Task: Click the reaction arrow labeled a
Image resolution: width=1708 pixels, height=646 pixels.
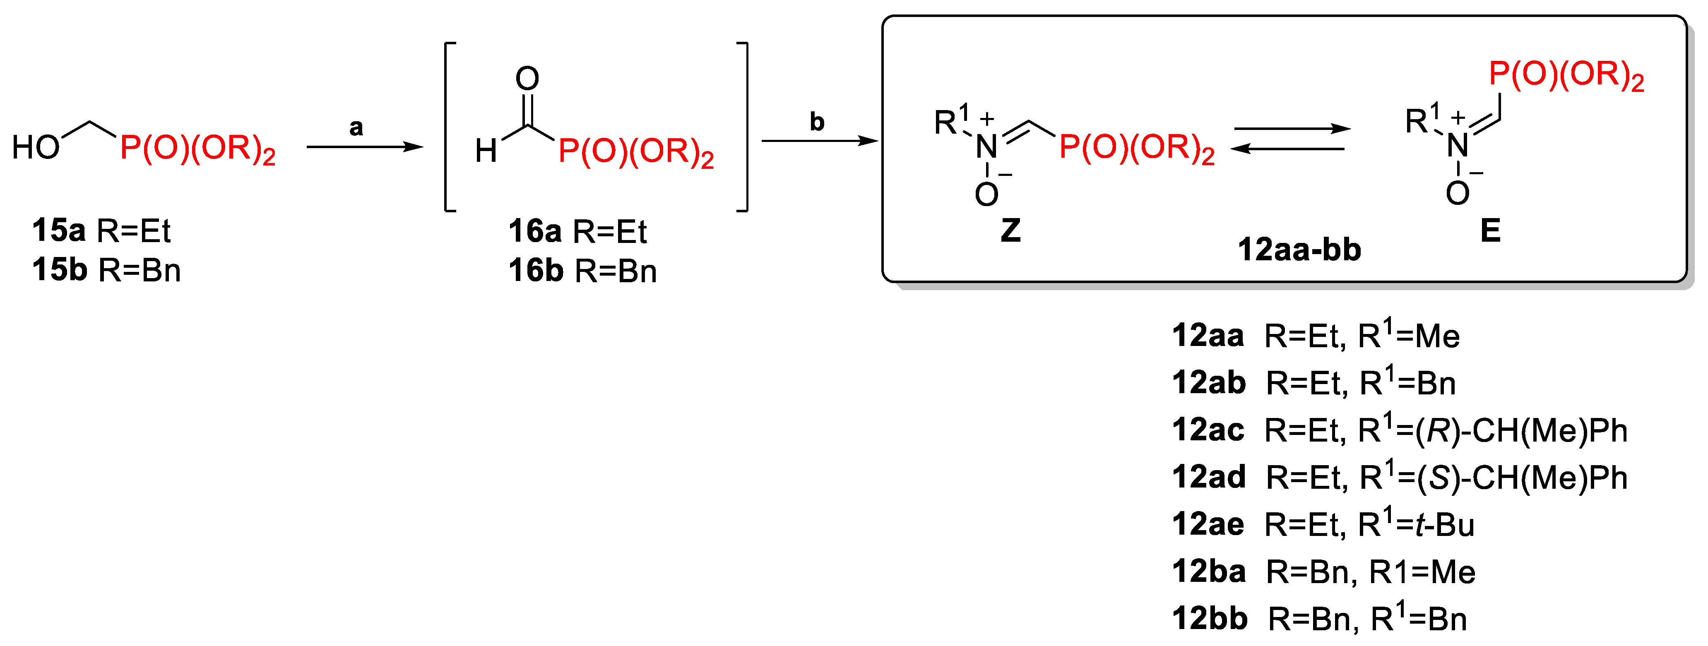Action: [365, 146]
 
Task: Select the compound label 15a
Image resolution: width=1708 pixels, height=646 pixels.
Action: [58, 231]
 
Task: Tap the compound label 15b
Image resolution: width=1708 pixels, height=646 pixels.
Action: [59, 270]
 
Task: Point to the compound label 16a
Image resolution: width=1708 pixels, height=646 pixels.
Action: [534, 231]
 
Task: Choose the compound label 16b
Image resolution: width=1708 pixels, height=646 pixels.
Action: [535, 271]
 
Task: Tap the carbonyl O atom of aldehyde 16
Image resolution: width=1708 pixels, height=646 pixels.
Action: [527, 79]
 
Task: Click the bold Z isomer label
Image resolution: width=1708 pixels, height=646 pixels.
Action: [1010, 231]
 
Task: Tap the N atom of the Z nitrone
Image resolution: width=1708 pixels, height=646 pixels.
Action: [986, 147]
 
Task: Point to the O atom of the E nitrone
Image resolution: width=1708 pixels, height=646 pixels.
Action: [1458, 193]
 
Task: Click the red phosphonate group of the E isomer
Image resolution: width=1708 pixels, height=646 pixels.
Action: [1566, 75]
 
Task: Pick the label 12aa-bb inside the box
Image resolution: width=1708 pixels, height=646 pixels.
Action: [1299, 250]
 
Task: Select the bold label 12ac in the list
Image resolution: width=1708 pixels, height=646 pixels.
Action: [1208, 430]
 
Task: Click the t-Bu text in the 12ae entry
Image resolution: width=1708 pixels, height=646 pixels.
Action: [1444, 525]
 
